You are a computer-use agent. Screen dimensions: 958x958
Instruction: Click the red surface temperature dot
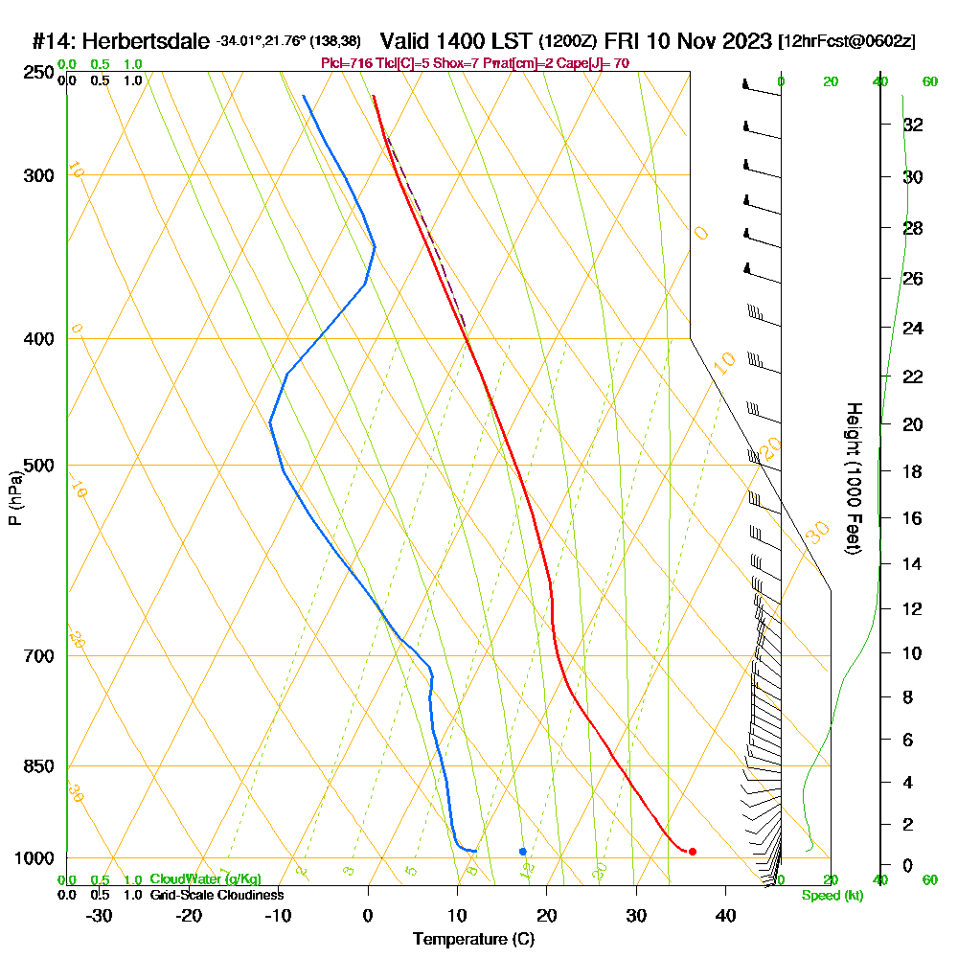coord(692,851)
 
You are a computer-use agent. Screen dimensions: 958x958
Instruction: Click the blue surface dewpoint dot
coord(522,851)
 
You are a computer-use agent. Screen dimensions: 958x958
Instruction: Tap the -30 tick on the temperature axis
coord(100,915)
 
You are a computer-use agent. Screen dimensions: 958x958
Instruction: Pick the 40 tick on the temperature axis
coord(725,915)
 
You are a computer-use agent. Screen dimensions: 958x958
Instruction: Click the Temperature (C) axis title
coord(473,939)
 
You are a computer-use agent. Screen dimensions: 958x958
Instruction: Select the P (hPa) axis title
coord(14,497)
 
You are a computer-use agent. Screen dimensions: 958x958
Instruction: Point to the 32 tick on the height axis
coord(914,125)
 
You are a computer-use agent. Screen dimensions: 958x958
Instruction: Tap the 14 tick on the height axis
coord(914,564)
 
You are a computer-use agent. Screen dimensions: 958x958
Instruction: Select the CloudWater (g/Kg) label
coord(205,879)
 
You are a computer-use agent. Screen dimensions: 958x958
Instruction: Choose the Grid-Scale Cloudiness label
coord(217,895)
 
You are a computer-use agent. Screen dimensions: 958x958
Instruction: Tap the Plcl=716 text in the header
coord(347,63)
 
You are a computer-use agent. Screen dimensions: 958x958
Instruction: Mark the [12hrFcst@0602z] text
coord(847,42)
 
